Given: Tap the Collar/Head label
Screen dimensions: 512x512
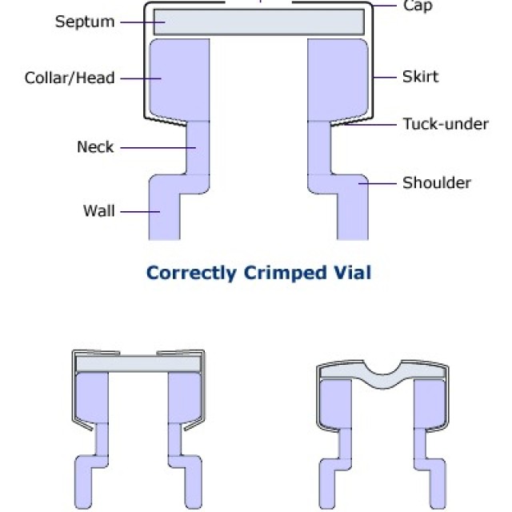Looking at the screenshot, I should coord(70,78).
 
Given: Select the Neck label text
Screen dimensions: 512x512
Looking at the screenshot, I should coord(95,147).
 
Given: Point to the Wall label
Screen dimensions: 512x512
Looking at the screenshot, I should coord(99,211).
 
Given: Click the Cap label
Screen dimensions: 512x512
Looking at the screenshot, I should coord(418,6).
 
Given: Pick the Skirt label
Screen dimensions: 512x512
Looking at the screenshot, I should coord(420,78).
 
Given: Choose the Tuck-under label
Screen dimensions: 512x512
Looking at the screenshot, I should coord(445,124).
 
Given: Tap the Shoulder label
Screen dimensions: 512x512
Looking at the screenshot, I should coord(436,182).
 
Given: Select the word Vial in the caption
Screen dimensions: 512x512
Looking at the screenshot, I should coord(351,273).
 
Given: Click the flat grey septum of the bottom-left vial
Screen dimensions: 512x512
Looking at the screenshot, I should coord(137,364).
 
